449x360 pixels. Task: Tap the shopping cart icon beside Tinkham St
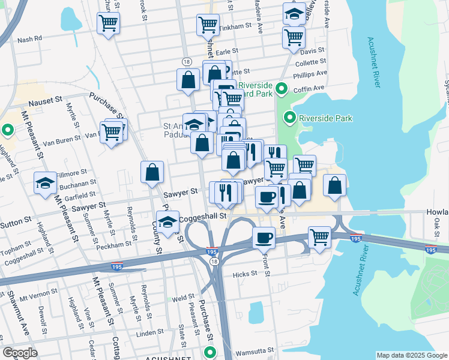[x=207, y=25]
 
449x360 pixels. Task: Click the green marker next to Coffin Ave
[x=281, y=91]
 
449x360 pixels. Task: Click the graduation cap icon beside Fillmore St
[x=45, y=184]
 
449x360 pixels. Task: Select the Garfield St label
[x=82, y=194]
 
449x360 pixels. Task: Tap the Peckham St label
[x=116, y=244]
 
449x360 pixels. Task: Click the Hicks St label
[x=246, y=273]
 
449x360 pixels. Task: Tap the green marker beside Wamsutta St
[x=209, y=352]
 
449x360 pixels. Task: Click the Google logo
[x=20, y=352]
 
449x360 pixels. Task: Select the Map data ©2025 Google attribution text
[x=411, y=355]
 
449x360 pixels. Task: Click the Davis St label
[x=312, y=50]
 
